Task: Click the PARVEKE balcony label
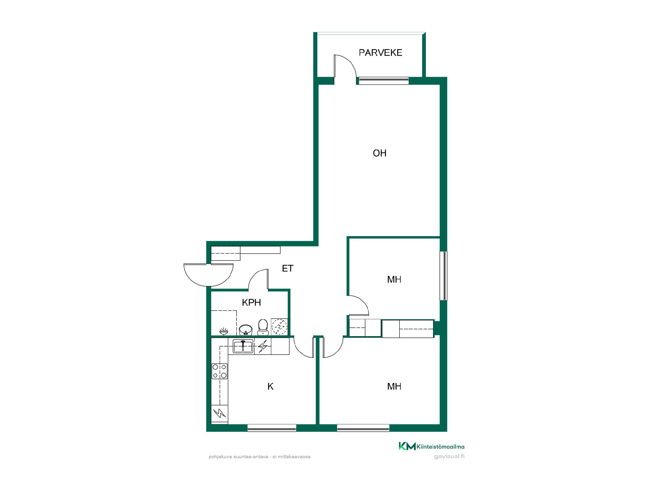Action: [380, 53]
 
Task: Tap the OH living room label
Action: [379, 153]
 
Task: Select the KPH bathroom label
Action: [251, 302]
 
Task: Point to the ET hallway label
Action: [287, 268]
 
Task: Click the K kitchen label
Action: [270, 387]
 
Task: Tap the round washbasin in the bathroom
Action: [246, 330]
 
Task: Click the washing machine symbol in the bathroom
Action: [279, 327]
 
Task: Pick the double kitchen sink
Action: [243, 346]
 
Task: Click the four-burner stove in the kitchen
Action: [219, 371]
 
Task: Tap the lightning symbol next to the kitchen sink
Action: [263, 346]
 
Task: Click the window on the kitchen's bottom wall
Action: [272, 428]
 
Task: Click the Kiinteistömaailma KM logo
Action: [432, 446]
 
